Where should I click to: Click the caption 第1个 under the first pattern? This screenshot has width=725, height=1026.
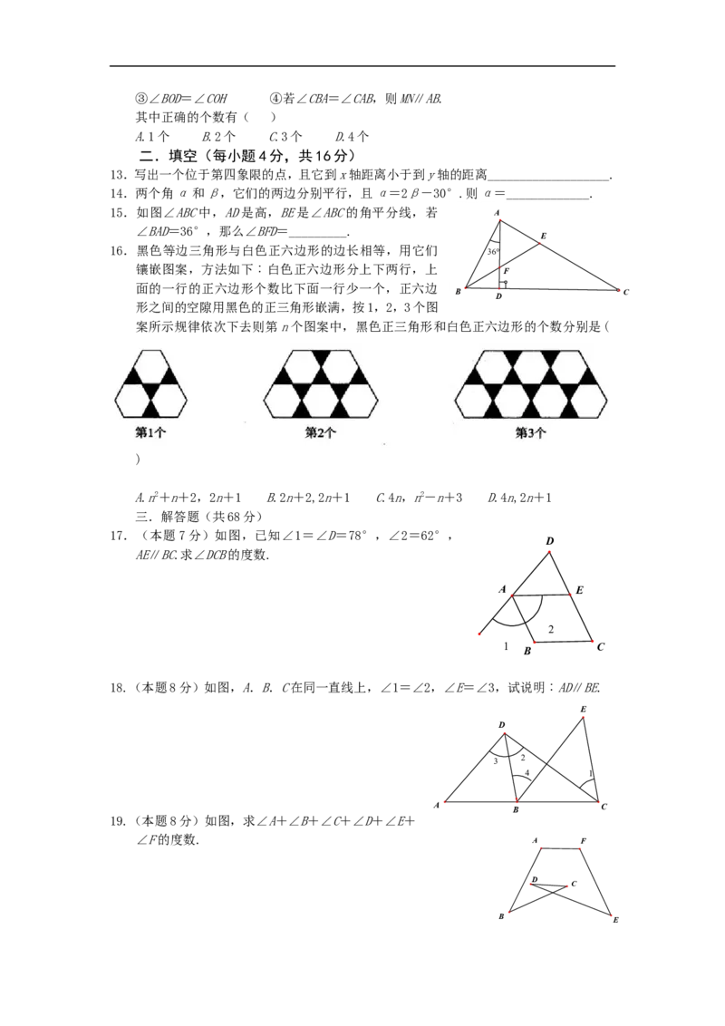coord(150,432)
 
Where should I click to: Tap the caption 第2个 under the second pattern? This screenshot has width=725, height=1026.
coord(321,432)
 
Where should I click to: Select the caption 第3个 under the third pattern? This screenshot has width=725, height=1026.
coord(531,432)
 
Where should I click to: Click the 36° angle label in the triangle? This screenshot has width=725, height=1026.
coord(493,251)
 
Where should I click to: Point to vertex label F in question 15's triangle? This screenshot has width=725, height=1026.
coord(507,270)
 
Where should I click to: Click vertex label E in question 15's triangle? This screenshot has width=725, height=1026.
coord(544,236)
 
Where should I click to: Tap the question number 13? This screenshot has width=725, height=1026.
coord(118,175)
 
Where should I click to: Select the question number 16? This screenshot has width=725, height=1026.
coord(118,251)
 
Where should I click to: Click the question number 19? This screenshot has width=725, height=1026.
coord(118,821)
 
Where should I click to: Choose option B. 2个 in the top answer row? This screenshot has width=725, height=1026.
coord(218,137)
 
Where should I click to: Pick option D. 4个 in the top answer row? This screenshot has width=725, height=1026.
coord(352,137)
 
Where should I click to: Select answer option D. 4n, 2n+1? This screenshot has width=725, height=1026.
coord(519,498)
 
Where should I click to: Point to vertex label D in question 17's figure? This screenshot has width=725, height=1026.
coord(549,541)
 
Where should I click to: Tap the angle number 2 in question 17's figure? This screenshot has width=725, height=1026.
coord(551,629)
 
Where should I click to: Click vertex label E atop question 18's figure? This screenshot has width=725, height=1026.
coord(583,710)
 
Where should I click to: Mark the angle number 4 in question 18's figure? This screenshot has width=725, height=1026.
coord(527,773)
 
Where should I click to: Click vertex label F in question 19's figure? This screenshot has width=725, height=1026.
coord(583,841)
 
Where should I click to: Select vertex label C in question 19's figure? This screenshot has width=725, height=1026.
coord(574,884)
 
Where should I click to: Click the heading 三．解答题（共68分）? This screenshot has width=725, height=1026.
coord(198,517)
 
